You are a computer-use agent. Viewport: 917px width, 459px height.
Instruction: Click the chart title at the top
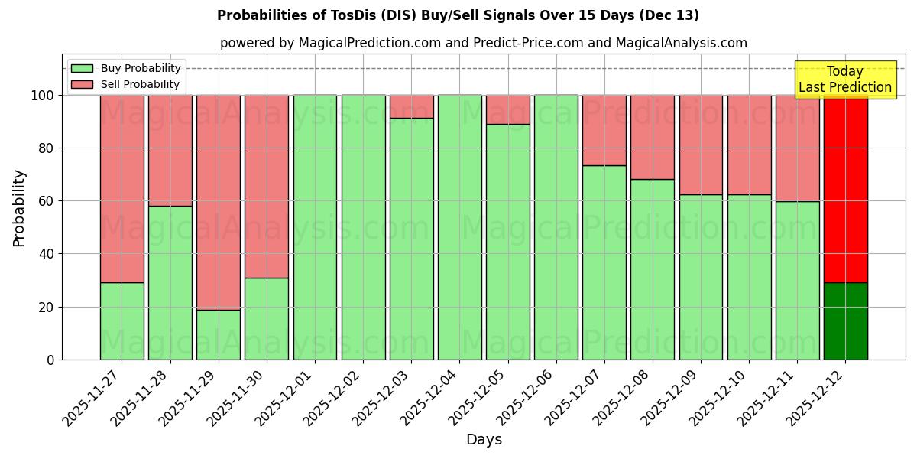point(458,15)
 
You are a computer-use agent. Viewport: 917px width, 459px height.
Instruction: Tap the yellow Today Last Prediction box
point(845,80)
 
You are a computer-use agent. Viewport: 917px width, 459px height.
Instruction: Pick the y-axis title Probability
point(19,208)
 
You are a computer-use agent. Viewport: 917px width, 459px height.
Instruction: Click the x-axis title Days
point(484,440)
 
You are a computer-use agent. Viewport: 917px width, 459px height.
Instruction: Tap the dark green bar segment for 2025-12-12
point(845,321)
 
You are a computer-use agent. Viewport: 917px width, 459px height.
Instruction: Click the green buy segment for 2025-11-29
point(219,334)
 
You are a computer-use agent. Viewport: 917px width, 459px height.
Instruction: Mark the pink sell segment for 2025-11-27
point(122,189)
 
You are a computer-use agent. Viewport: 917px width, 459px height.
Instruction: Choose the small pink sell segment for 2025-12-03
point(412,106)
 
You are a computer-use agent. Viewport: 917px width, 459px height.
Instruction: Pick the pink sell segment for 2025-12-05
point(508,109)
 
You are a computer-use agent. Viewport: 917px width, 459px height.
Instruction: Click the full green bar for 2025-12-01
point(315,227)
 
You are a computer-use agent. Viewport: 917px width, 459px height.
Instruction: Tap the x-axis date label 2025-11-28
point(141,396)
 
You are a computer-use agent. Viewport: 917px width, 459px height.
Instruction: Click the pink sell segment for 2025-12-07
point(604,130)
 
